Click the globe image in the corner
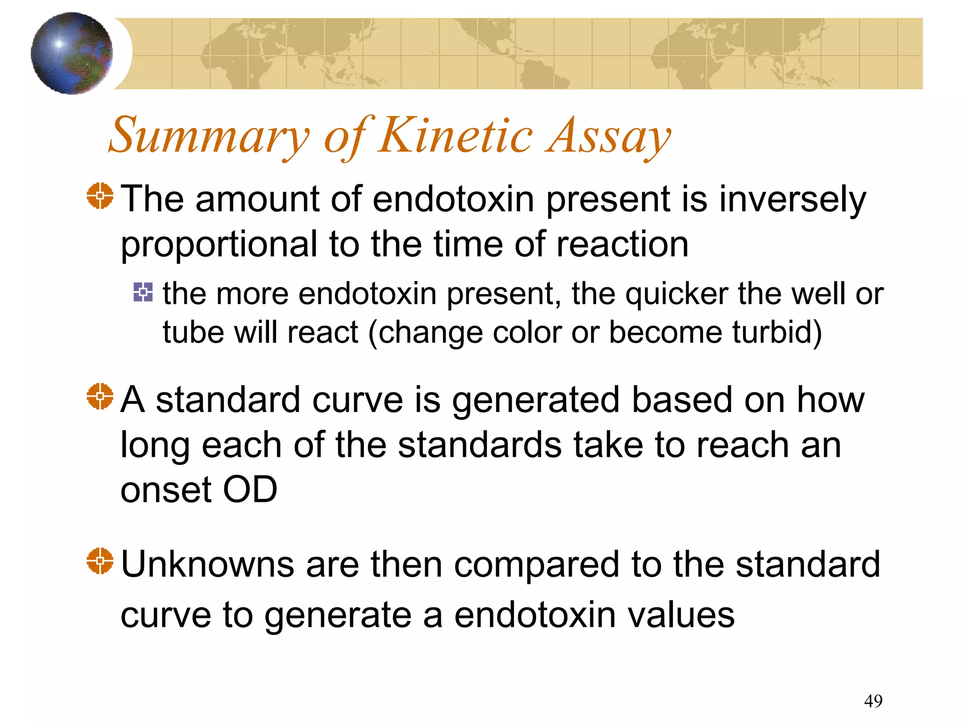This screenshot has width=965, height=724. (x=72, y=53)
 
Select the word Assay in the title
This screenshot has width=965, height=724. (x=608, y=137)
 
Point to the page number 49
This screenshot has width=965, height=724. (x=873, y=701)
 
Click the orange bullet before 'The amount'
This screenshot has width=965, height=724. (x=100, y=196)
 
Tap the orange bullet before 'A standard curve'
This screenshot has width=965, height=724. (x=100, y=396)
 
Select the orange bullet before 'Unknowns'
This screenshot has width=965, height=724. (x=100, y=561)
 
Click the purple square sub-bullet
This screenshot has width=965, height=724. (x=143, y=292)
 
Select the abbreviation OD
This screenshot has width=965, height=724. (x=250, y=490)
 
